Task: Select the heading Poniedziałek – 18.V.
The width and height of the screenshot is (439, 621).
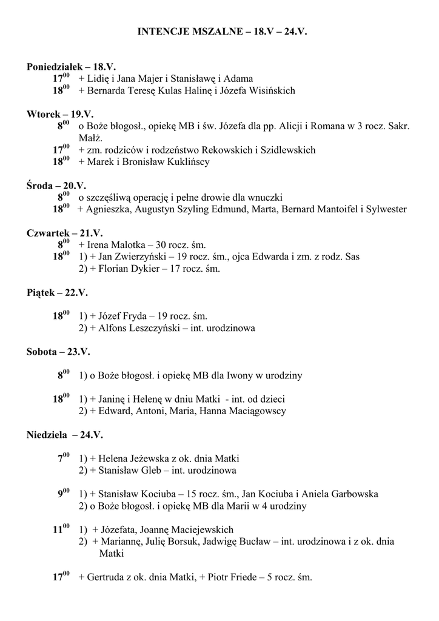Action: point(71,67)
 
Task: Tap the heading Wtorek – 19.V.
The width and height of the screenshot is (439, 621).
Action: point(60,114)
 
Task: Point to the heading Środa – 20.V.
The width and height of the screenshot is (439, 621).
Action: point(56,186)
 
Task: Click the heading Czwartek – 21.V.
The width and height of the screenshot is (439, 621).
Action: point(65,233)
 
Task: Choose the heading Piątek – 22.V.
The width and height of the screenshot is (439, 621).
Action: point(57,292)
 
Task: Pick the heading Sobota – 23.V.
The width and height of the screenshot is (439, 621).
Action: point(58,352)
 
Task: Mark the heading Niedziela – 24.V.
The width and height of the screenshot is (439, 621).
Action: point(65,435)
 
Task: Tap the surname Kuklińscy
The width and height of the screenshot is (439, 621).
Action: point(184,162)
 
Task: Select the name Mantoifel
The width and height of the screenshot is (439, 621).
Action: point(334,209)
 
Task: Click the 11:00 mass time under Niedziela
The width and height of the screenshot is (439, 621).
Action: point(62,529)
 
